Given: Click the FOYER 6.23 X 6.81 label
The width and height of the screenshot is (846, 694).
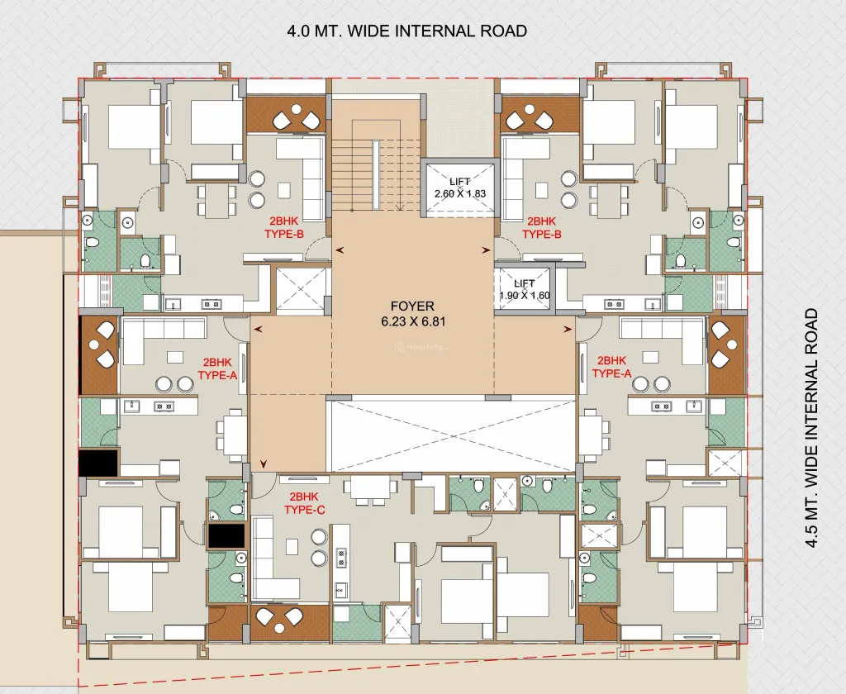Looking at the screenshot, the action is (x=413, y=314).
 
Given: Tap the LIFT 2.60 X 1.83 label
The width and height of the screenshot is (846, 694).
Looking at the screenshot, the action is (x=459, y=188).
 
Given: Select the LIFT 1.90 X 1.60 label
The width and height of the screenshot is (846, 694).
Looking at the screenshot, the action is (x=524, y=289).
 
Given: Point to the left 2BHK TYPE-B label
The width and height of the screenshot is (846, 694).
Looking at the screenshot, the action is (x=284, y=227).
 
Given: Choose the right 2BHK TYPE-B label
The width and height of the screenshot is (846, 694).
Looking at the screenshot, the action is (x=541, y=227).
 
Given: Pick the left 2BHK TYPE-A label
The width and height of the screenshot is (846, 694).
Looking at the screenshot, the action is (x=217, y=368).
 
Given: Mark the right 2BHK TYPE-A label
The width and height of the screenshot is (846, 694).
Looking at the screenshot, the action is (x=611, y=367).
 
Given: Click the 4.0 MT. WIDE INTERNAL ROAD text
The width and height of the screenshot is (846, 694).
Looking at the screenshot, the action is (x=407, y=31).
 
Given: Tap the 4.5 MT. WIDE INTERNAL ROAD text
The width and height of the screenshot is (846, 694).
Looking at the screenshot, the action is (x=811, y=429).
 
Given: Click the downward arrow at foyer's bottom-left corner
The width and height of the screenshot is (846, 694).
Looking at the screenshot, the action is (x=264, y=463).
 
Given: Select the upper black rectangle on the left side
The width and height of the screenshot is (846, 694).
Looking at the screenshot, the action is (x=98, y=463).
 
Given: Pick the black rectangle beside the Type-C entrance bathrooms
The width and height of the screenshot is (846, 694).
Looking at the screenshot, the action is (x=226, y=536).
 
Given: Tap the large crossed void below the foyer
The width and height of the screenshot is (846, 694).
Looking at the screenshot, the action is (x=451, y=435).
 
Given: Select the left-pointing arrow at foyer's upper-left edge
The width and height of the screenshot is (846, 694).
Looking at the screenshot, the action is (x=340, y=250).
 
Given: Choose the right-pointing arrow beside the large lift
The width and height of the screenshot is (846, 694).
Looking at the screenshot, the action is (x=486, y=250).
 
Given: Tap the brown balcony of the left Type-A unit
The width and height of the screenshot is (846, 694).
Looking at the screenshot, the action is (x=98, y=355).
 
